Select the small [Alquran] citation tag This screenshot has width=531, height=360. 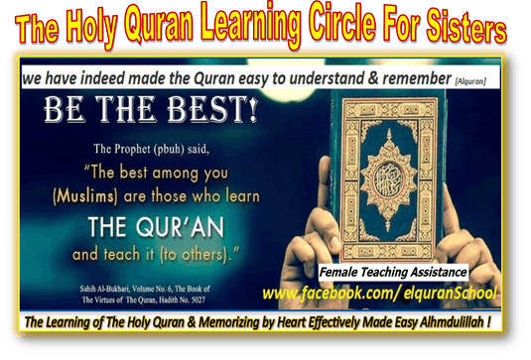click(470, 81)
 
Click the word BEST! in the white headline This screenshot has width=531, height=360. click(212, 109)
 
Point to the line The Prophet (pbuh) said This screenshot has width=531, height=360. click(152, 149)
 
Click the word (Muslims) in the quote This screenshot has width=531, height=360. click(85, 196)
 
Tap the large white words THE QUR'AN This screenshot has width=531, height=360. click(156, 227)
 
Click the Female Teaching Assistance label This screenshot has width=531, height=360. click(393, 272)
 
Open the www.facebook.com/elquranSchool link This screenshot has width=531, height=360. click(379, 293)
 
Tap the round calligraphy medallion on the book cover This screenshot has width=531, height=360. click(389, 180)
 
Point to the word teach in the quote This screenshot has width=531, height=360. click(122, 255)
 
